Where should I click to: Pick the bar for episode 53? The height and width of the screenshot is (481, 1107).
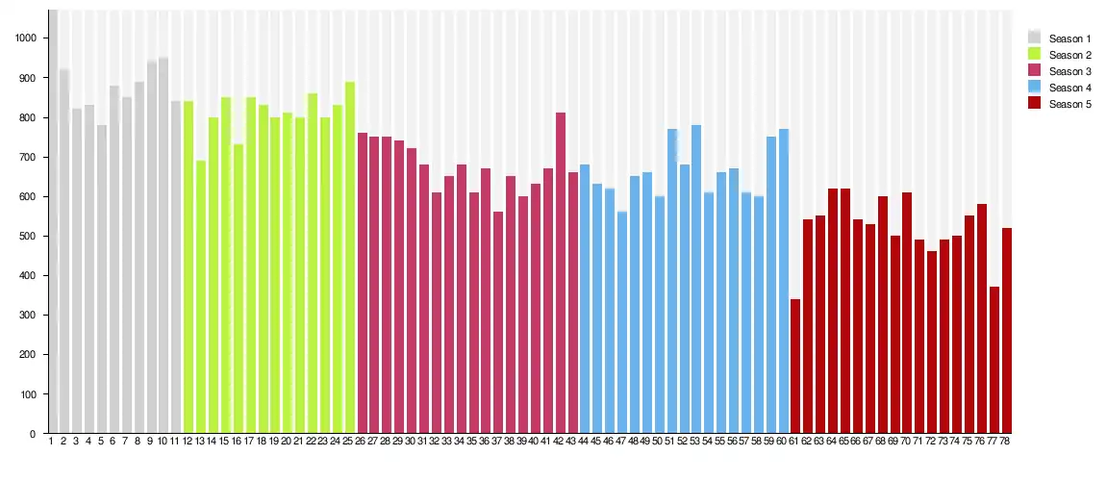(696, 279)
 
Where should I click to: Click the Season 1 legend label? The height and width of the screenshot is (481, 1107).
(1069, 38)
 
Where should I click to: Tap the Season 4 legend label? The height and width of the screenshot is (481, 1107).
(1069, 88)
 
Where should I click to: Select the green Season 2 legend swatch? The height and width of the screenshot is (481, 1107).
(1035, 55)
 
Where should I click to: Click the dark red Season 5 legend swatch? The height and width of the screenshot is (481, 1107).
(1035, 104)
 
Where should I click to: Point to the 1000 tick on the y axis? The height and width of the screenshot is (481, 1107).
(25, 38)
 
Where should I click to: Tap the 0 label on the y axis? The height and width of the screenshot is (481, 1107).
(33, 434)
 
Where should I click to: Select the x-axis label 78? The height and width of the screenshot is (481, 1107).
(1006, 442)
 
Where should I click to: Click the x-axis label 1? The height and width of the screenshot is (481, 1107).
(51, 442)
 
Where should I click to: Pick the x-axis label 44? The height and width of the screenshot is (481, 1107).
(584, 442)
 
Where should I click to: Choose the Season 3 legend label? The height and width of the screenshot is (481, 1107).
(1069, 71)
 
